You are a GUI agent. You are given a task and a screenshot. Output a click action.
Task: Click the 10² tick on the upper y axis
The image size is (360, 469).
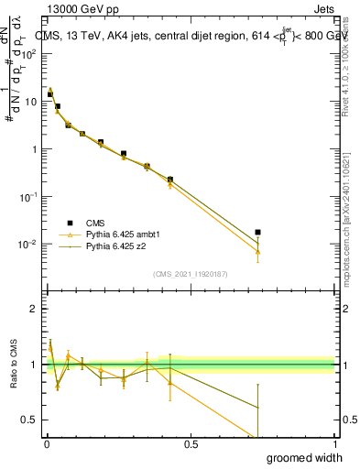(29, 54)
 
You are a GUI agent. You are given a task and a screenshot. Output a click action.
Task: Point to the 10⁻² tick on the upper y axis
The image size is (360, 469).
(29, 245)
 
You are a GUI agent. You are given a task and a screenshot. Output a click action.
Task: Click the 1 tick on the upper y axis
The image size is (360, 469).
(34, 149)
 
